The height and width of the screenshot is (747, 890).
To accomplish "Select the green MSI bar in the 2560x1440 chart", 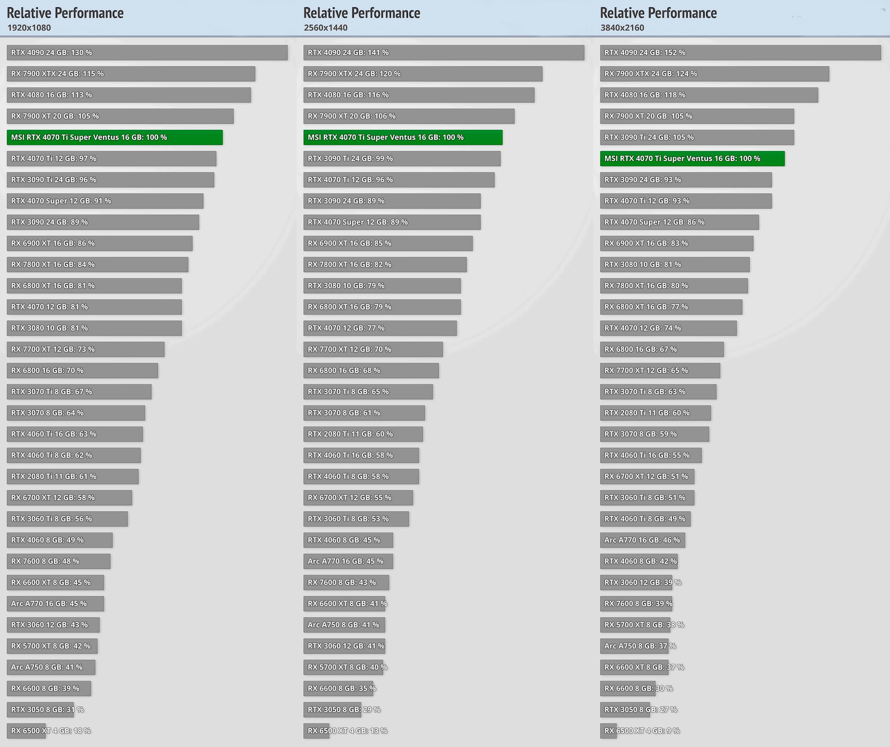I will coord(403,137).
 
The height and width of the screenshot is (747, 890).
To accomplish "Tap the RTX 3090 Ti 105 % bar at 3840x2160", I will coord(697,137).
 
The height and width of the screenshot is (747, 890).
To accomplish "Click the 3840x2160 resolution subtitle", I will coord(622,28).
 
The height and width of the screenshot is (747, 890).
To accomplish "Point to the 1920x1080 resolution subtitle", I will coord(29,28).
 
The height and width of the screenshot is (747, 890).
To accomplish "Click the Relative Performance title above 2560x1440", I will coord(362,13).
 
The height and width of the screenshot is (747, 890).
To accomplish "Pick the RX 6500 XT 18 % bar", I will coord(26,730).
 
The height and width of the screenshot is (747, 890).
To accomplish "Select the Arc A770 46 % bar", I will coord(642,540).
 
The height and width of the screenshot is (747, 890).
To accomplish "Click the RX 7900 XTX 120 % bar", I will coord(422,74).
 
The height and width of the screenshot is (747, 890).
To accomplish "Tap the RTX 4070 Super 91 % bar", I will coord(105,201).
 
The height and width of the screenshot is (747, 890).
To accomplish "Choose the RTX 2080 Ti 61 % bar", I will coord(72,476).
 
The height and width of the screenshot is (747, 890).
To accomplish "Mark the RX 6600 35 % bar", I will coord(338,688).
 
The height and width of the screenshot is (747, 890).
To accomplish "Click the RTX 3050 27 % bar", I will coord(625,709).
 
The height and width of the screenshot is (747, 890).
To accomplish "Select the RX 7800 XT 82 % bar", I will coord(385,264).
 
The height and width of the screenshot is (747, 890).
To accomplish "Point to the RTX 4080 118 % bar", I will coord(709,95).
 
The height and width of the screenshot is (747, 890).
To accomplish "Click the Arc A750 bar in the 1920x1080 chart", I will coord(51,667).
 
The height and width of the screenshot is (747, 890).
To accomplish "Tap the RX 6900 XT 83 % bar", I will coord(676,243).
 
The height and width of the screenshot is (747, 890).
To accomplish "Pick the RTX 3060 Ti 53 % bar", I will coord(356,519).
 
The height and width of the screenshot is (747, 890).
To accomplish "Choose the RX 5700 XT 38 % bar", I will coord(635,625).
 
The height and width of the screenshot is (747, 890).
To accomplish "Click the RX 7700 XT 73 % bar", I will coord(85,349).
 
